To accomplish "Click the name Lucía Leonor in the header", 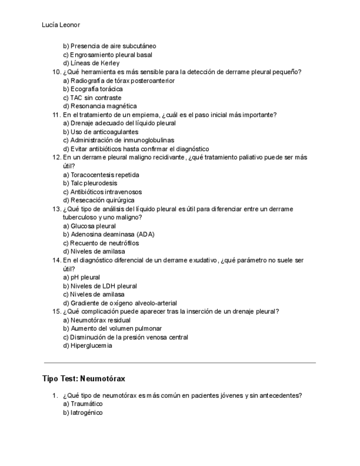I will point(61,25).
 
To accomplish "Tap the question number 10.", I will point(56,72).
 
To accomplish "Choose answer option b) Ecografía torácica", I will point(92,89).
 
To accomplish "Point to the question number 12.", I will point(56,158).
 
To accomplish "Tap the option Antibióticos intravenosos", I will point(102,192).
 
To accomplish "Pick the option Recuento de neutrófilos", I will point(101,243).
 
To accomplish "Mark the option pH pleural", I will point(81,278).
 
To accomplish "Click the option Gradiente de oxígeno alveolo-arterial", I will point(120,303).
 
